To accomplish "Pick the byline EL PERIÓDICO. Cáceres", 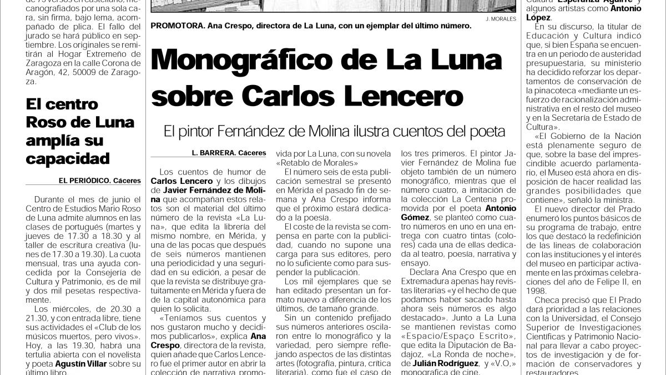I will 100,181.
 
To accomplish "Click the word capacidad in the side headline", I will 68,159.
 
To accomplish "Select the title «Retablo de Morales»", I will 314,162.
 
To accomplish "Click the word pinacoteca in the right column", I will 557,89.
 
